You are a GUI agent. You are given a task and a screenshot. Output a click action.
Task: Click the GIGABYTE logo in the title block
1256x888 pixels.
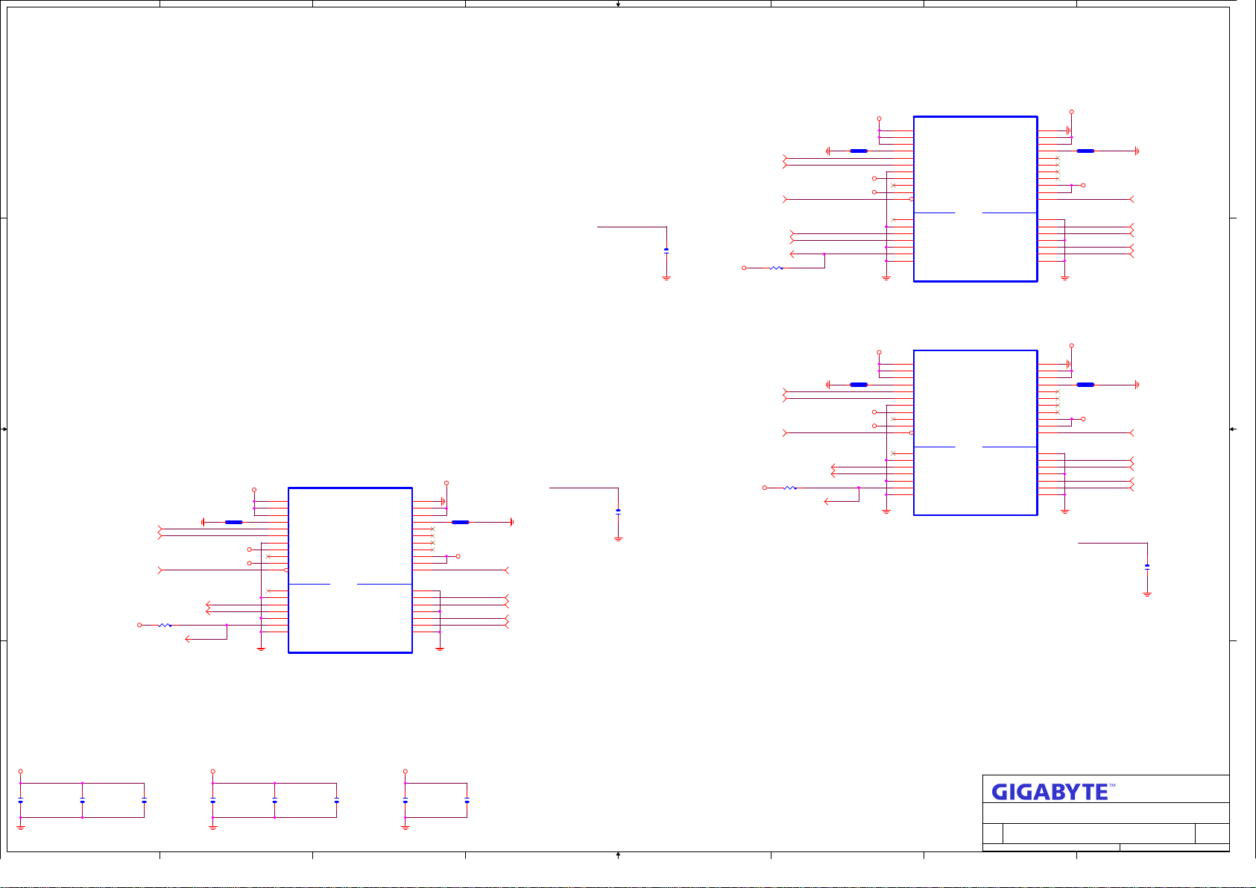1050,792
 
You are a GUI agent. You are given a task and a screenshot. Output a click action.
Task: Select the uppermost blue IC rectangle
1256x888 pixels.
975,199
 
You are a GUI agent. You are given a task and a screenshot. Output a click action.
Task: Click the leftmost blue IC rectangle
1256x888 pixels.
350,570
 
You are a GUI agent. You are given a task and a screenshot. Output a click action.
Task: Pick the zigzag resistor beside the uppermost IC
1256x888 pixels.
776,268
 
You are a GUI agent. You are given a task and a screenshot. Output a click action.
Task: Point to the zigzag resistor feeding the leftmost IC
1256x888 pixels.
165,626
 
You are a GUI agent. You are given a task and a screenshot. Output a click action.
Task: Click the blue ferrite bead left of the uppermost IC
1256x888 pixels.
859,151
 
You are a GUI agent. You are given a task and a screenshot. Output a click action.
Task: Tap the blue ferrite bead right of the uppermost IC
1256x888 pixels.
1085,151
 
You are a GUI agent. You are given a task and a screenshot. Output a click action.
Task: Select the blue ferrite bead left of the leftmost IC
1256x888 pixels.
233,523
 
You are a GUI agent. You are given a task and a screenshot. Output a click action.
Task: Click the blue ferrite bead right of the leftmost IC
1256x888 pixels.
461,523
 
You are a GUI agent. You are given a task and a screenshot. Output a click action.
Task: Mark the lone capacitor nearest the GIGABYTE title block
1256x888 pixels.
1147,567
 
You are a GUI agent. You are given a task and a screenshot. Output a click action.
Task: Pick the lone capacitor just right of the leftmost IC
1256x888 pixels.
618,511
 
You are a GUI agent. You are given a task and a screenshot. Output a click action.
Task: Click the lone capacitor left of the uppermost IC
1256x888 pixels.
666,251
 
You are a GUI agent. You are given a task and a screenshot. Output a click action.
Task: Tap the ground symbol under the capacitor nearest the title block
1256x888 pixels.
1147,594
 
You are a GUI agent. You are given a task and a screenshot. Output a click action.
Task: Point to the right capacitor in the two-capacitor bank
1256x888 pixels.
467,801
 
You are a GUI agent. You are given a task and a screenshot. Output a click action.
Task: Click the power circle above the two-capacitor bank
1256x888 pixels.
405,772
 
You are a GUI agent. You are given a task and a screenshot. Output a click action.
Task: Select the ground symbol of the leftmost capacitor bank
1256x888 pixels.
21,827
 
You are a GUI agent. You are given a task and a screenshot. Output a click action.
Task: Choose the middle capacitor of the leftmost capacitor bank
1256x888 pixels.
82,801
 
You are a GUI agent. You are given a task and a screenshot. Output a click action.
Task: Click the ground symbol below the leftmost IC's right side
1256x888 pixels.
440,649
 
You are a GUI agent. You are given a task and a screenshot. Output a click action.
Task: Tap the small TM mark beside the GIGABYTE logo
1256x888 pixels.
1112,786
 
